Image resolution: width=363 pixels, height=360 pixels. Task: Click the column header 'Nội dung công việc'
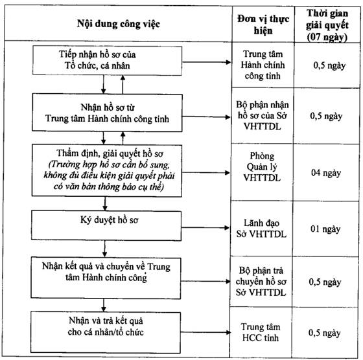[118, 24]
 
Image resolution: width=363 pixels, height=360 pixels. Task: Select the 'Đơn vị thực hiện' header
[263, 25]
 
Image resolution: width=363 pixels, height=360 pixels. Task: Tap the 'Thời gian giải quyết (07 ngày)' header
[327, 25]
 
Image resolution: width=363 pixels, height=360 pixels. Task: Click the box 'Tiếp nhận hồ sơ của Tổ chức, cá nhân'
[107, 61]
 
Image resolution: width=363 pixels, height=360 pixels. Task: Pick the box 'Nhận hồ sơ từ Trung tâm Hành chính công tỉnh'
[107, 113]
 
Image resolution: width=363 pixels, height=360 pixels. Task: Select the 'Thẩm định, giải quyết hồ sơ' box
[107, 171]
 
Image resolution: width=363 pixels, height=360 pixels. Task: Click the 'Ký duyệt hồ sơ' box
[106, 225]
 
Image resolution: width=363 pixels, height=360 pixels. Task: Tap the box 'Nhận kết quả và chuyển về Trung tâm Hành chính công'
[106, 278]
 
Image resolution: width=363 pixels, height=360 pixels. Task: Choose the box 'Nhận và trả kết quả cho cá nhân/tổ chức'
[105, 332]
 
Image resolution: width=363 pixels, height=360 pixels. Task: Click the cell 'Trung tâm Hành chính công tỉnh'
[263, 65]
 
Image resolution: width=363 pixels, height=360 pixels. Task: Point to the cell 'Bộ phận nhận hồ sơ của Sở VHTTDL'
[263, 115]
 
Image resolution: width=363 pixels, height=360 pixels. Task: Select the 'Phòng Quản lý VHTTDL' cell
[262, 166]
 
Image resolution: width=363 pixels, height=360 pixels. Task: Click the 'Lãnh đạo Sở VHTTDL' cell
[261, 229]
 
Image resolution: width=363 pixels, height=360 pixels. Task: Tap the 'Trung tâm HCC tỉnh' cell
[261, 332]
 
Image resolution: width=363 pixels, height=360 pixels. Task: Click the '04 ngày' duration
[326, 173]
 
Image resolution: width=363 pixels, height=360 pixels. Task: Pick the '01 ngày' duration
[325, 229]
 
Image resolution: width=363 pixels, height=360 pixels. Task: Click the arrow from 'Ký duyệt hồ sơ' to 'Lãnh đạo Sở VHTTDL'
[205, 228]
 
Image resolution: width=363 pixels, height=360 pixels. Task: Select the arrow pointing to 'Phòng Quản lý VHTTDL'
[206, 172]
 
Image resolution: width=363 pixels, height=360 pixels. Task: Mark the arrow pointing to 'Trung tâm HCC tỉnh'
[205, 332]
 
